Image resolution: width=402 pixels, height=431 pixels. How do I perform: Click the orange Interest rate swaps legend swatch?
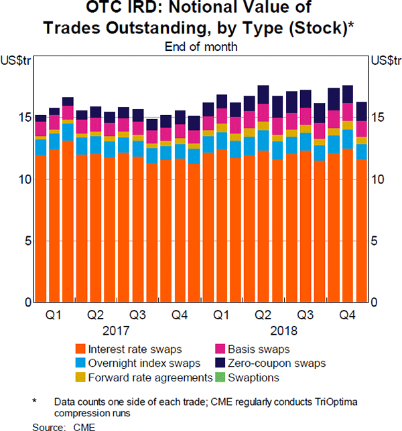80,348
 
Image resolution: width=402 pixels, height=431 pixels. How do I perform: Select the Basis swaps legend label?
259,348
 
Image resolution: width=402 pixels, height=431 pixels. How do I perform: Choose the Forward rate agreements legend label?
150,377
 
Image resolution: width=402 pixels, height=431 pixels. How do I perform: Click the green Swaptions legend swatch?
222,377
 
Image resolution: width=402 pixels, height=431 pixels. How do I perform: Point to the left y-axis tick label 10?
23,179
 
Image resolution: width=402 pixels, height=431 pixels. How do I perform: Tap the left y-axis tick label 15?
23,117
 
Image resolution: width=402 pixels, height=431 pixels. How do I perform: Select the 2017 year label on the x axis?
117,330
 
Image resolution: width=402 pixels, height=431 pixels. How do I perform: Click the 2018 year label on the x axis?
284,330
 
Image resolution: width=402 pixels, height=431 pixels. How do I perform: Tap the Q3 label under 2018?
305,315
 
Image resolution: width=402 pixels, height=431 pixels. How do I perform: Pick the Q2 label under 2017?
96,315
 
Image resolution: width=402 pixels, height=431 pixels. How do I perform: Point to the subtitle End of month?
201,47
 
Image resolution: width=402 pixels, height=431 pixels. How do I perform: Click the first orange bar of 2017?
41,228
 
